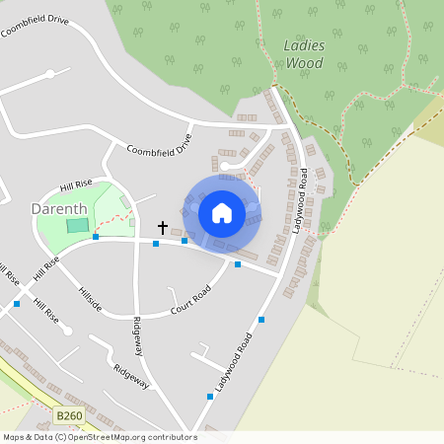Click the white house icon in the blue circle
pyautogui.click(x=222, y=212)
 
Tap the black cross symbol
pyautogui.click(x=162, y=228)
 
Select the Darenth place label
pyautogui.click(x=59, y=209)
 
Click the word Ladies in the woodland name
pyautogui.click(x=304, y=45)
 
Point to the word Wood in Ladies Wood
pyautogui.click(x=304, y=63)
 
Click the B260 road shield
pyautogui.click(x=69, y=416)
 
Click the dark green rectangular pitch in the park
pyautogui.click(x=77, y=225)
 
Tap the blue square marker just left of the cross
pyautogui.click(x=155, y=243)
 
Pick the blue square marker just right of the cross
pyautogui.click(x=185, y=240)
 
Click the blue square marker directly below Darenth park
pyautogui.click(x=96, y=237)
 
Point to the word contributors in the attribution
pyautogui.click(x=172, y=437)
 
